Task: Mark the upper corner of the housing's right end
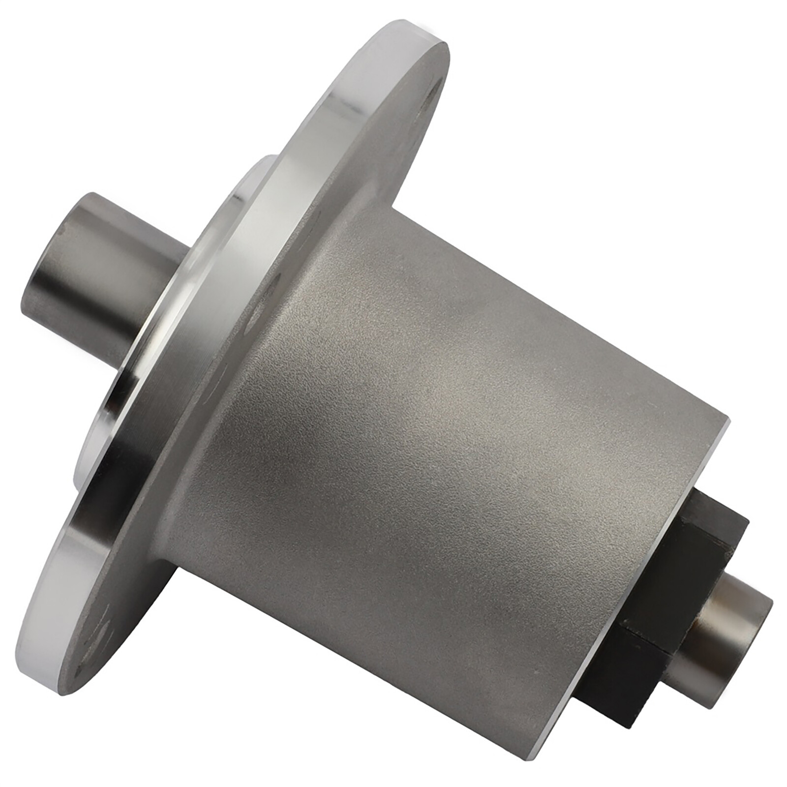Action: point(727,418)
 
